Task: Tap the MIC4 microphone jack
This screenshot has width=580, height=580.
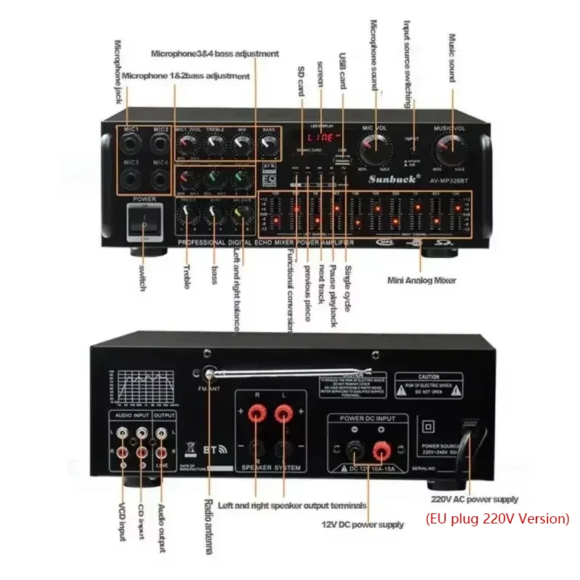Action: (161, 178)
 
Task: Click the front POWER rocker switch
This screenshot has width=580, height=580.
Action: (143, 222)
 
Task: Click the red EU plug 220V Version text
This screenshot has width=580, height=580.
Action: (497, 518)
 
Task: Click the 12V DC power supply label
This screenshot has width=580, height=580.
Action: (362, 524)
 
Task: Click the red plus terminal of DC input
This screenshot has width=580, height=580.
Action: (380, 452)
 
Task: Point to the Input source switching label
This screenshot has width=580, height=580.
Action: (407, 51)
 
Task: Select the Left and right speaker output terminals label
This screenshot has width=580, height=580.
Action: (292, 505)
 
